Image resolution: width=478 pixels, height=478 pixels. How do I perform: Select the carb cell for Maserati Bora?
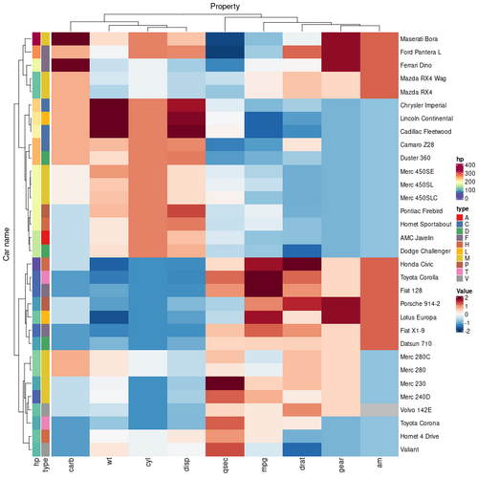(x=69, y=38)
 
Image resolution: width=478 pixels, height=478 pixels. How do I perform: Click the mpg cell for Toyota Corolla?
(x=263, y=276)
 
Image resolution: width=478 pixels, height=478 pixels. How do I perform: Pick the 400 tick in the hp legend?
(x=470, y=165)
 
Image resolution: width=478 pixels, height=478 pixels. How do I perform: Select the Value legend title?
(x=464, y=289)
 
